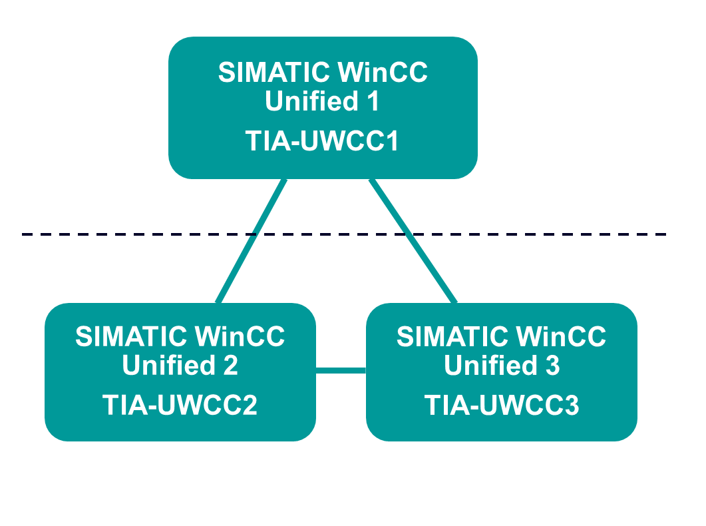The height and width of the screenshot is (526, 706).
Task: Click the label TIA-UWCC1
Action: point(322,141)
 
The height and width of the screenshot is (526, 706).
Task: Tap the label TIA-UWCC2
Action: point(180,405)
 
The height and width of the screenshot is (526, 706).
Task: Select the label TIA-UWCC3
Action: point(502,405)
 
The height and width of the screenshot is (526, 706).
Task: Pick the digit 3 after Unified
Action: point(552,366)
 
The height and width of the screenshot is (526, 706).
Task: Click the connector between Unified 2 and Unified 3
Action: point(341,370)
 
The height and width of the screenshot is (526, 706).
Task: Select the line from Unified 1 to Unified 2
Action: point(252,241)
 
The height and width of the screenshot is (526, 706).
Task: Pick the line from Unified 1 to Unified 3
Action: point(413,241)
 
